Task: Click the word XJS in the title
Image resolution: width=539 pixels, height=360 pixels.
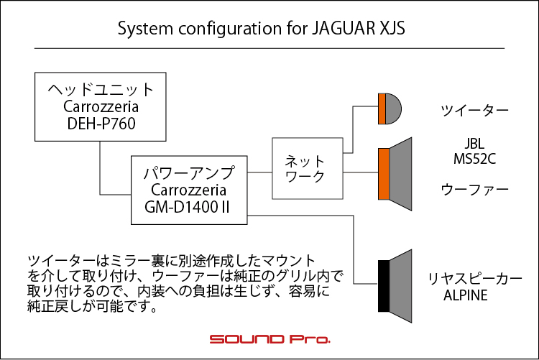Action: point(392,28)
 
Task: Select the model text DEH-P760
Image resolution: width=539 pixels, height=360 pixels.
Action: point(101,124)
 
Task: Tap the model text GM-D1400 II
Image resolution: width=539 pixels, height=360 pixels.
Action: point(187,207)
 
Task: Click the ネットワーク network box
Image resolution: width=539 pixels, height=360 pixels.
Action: point(308,168)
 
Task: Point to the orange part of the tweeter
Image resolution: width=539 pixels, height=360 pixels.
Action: point(382,109)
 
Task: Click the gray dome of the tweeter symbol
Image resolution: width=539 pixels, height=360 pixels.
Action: point(393,109)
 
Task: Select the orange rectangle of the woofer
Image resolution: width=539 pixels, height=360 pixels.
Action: point(384,174)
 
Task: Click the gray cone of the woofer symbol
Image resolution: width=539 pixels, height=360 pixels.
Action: point(400,174)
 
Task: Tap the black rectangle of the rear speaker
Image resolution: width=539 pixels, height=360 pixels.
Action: point(384,286)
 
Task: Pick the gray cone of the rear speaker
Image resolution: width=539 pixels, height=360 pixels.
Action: point(400,286)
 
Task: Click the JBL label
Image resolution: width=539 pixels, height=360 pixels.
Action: point(474,144)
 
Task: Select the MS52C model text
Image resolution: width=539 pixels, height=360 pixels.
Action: point(474,159)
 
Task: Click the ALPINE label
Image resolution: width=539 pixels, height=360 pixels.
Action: point(466,295)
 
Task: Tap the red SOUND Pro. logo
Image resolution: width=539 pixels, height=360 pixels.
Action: point(269,339)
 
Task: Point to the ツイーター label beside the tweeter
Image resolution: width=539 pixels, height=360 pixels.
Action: point(474,111)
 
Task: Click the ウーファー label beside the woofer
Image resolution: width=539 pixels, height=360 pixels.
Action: point(474,190)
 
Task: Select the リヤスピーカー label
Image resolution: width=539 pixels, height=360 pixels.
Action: point(474,279)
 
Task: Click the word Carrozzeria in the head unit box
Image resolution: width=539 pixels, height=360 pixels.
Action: point(101,106)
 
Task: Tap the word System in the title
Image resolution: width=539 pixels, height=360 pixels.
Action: point(145,29)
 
